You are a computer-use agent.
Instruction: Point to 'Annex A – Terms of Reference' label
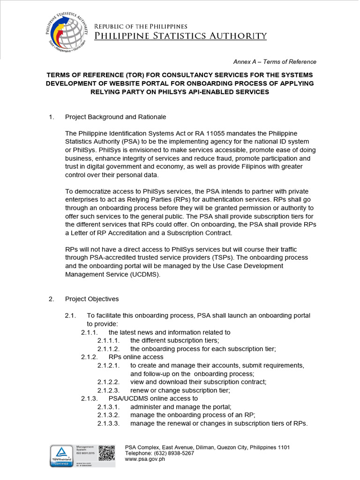(x=275, y=62)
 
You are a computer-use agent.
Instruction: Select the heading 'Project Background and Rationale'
(x=115, y=117)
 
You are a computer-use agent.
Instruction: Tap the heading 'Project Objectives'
(x=92, y=299)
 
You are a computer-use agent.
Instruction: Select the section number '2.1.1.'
(x=89, y=332)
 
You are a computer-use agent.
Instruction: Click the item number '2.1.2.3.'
(x=109, y=390)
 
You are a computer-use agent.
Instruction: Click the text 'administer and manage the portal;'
(x=181, y=407)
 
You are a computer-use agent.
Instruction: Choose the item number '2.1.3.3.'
(x=109, y=424)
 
